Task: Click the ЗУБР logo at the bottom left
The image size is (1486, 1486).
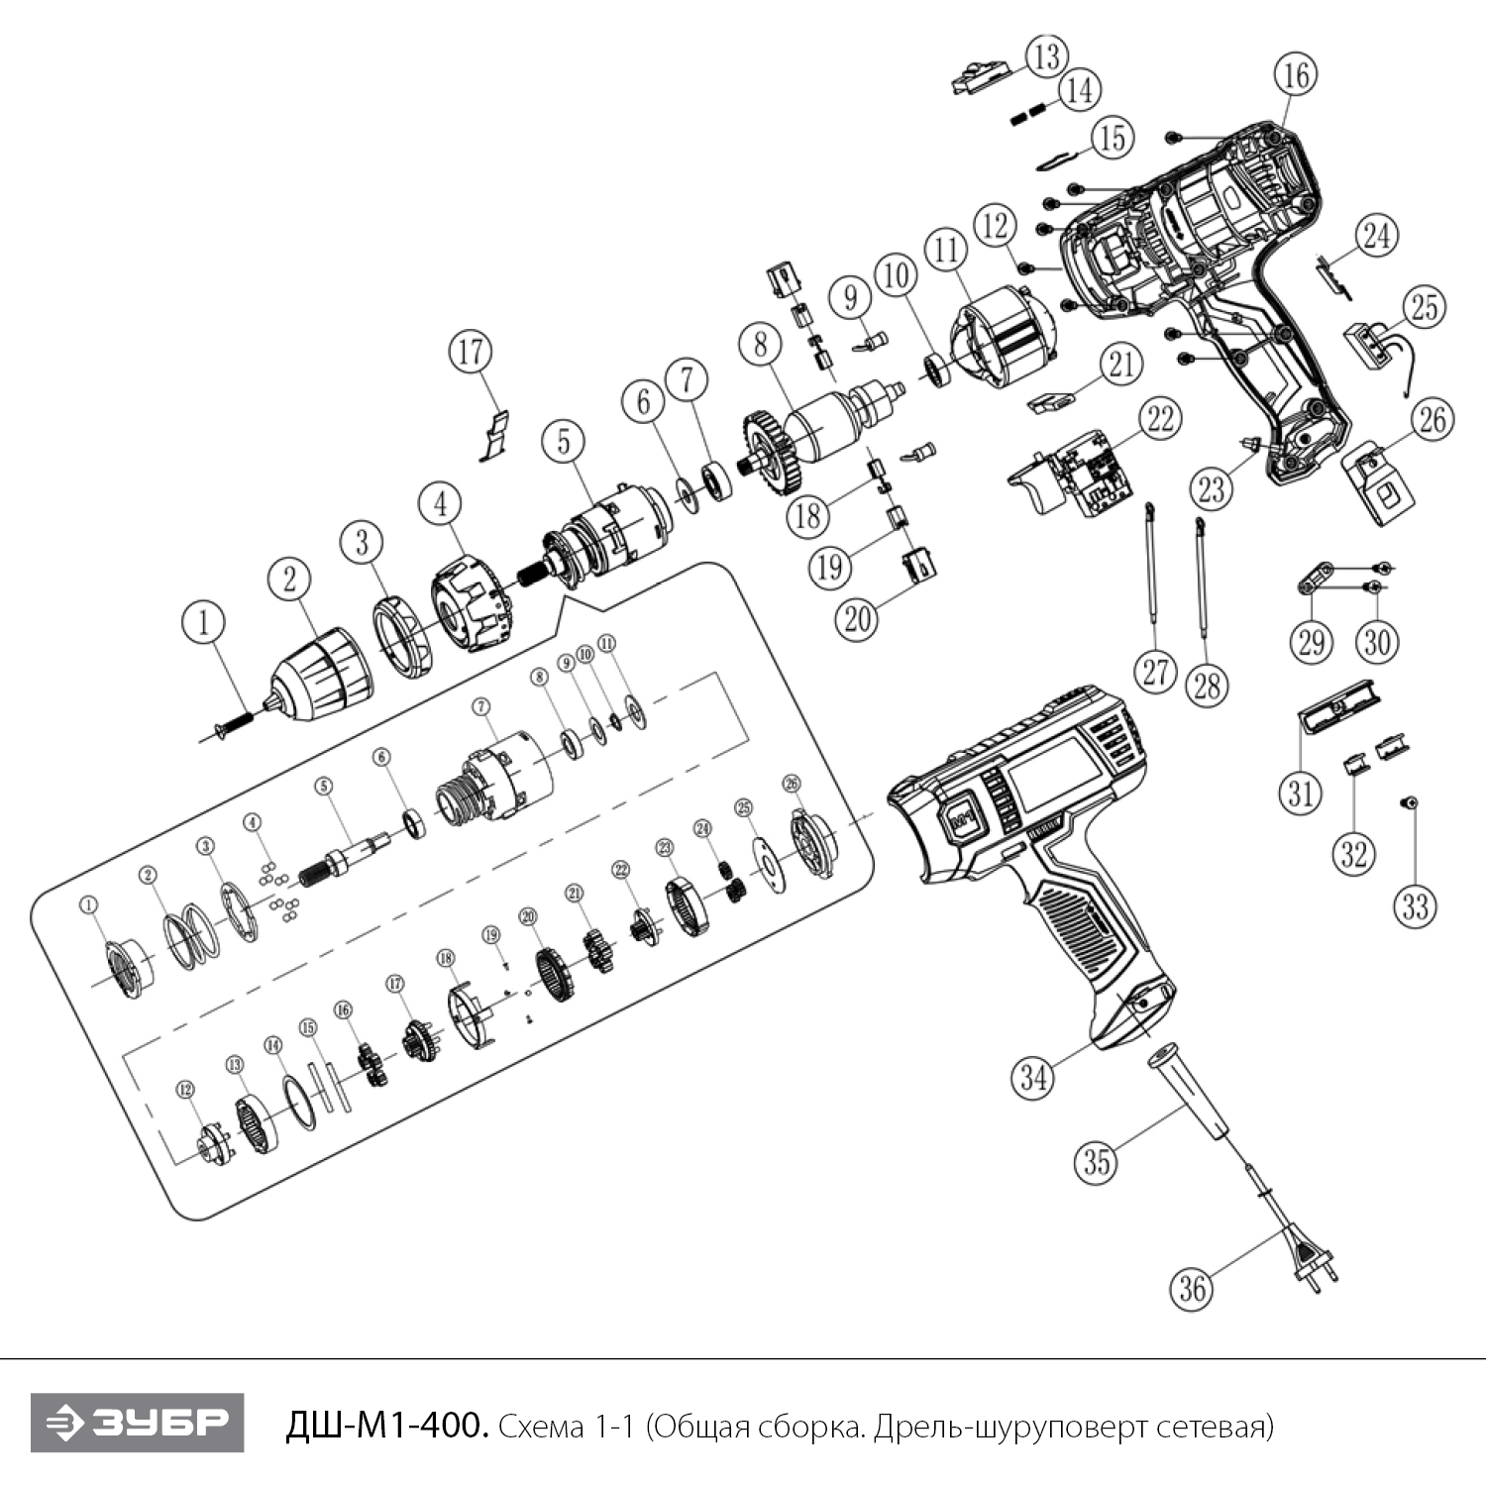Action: [137, 1423]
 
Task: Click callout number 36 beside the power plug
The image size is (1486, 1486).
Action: [1192, 1288]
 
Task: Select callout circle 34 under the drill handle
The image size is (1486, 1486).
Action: [1033, 1076]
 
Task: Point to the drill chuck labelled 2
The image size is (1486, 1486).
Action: [322, 668]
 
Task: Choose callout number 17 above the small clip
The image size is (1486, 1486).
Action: [471, 351]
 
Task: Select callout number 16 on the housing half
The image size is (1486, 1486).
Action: [1297, 74]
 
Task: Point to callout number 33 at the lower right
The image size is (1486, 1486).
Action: [1416, 904]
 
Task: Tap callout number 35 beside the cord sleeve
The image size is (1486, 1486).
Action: [1097, 1161]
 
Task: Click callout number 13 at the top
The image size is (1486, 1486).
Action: [1046, 55]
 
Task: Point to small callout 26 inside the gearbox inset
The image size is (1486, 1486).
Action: [791, 784]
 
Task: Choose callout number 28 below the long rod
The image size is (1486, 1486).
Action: [1207, 685]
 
